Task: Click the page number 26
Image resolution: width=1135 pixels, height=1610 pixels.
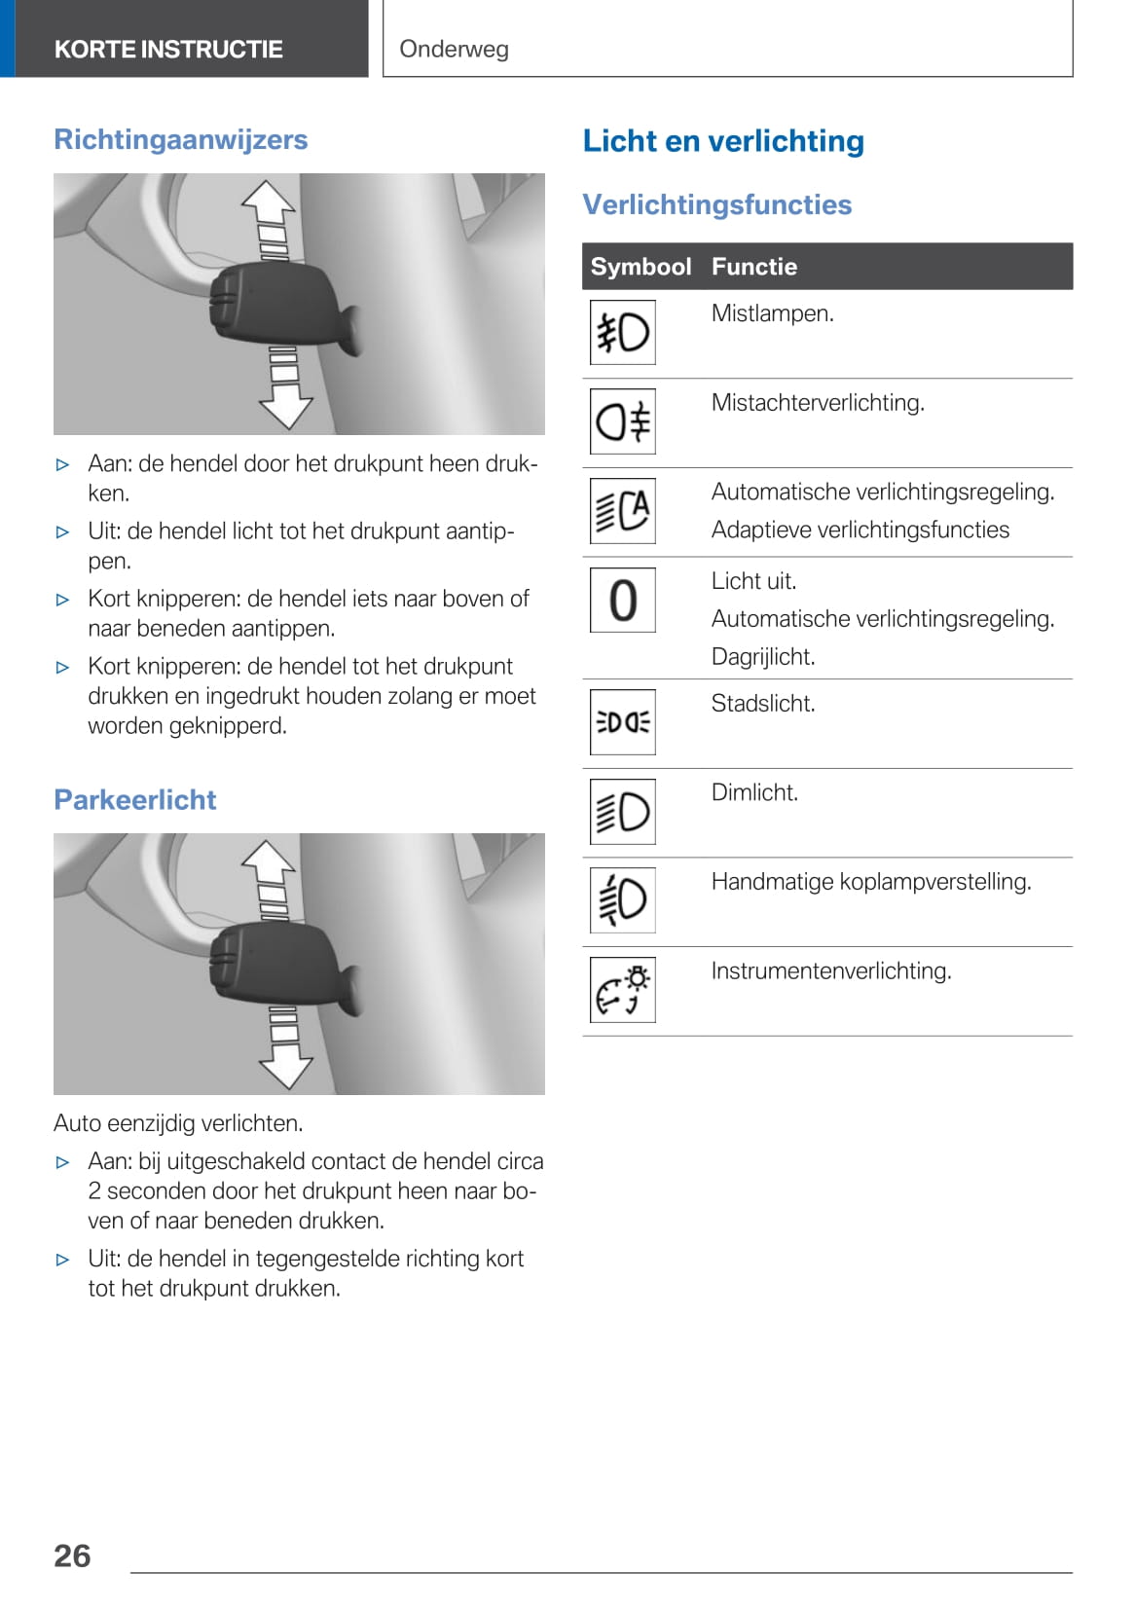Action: [72, 1555]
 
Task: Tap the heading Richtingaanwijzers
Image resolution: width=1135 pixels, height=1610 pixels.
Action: [181, 139]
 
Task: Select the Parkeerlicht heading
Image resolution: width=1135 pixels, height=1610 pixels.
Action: [135, 799]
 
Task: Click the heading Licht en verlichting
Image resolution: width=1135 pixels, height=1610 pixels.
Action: [723, 140]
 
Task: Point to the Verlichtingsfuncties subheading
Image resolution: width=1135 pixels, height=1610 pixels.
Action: [717, 204]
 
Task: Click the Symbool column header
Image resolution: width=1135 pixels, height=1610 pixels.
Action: [641, 267]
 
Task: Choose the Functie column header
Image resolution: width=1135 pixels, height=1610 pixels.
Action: [754, 267]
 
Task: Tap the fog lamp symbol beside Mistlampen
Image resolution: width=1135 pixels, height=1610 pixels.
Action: [623, 333]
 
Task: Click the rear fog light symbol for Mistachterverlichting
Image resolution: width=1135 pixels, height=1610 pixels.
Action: [623, 421]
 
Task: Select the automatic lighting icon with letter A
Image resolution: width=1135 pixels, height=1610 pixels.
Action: [623, 511]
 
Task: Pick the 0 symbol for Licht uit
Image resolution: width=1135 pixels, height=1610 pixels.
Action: [623, 600]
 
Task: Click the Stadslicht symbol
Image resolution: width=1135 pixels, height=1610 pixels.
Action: [623, 722]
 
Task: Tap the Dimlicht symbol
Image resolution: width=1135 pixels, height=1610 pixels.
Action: [623, 812]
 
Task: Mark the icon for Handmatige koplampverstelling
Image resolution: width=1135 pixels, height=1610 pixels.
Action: [623, 900]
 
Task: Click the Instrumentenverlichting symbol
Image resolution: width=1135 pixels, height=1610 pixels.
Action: [623, 990]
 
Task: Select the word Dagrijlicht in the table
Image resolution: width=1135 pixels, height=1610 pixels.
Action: [763, 657]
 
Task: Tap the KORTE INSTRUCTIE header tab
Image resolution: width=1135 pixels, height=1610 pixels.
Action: [168, 49]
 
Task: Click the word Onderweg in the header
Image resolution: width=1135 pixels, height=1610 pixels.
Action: [454, 49]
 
